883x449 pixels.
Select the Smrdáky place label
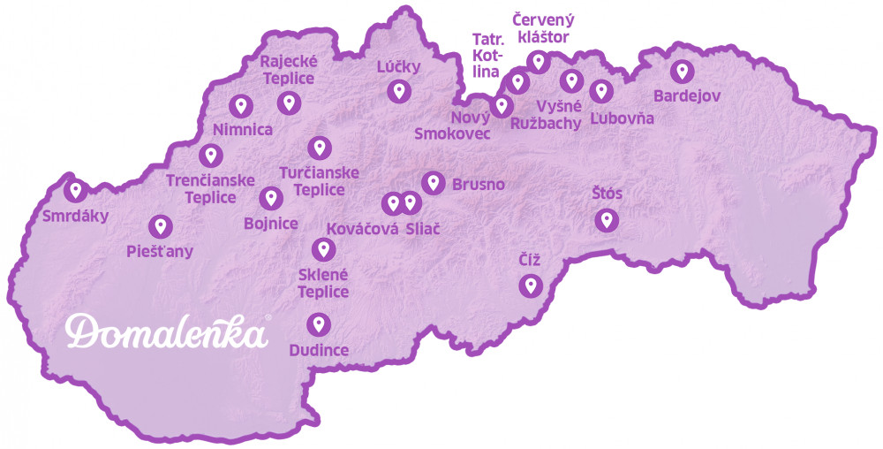(x=75, y=215)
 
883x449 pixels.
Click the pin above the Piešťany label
(x=160, y=226)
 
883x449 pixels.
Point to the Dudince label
(x=319, y=350)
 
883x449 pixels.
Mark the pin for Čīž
(x=530, y=285)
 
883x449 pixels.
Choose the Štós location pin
(x=606, y=219)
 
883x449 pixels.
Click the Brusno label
(x=478, y=185)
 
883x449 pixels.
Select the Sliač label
(x=423, y=228)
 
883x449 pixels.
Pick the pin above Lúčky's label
(x=398, y=89)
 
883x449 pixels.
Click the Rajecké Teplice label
(x=288, y=69)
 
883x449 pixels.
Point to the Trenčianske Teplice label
(x=211, y=188)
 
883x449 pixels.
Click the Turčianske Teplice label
(x=319, y=181)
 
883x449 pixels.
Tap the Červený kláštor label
(x=541, y=28)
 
